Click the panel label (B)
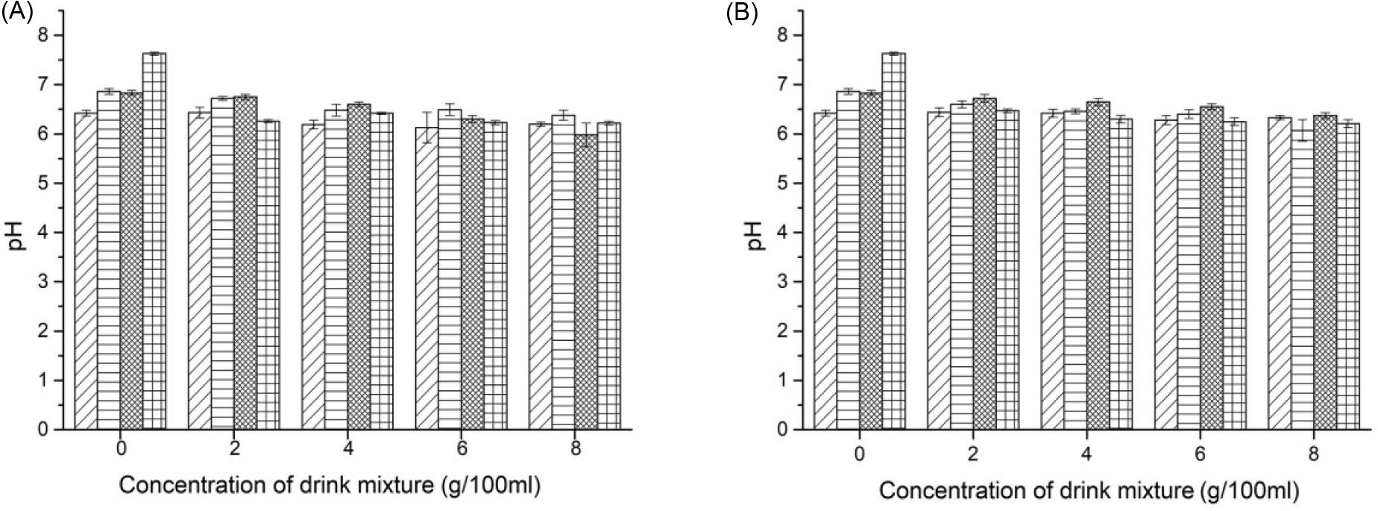pyautogui.click(x=742, y=14)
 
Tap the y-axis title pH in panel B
pyautogui.click(x=758, y=233)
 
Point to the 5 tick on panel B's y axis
pyautogui.click(x=784, y=184)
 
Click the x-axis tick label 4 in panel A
pyautogui.click(x=348, y=449)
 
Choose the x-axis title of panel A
pyautogui.click(x=329, y=485)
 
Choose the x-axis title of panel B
pyautogui.click(x=1089, y=491)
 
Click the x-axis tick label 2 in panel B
pyautogui.click(x=972, y=454)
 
